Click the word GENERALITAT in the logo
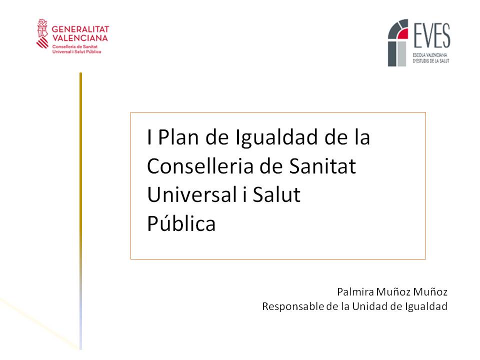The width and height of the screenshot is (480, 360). (x=80, y=29)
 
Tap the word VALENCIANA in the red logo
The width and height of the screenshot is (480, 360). (x=80, y=38)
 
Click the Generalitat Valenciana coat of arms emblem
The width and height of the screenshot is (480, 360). (x=42, y=33)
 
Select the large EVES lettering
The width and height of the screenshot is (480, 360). (x=431, y=35)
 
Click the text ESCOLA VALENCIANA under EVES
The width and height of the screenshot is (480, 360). (x=430, y=55)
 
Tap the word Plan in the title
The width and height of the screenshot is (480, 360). (x=178, y=137)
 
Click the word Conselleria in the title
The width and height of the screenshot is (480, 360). (x=200, y=166)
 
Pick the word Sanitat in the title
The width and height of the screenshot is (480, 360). (x=322, y=166)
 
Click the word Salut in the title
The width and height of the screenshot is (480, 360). (x=276, y=194)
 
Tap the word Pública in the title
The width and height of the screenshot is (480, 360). (x=181, y=223)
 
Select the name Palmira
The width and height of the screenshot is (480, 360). (x=355, y=291)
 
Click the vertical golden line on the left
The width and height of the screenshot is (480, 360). (x=81, y=211)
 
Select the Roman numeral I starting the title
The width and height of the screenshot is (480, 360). (x=149, y=137)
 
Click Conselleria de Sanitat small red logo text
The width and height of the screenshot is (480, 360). (x=74, y=46)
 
